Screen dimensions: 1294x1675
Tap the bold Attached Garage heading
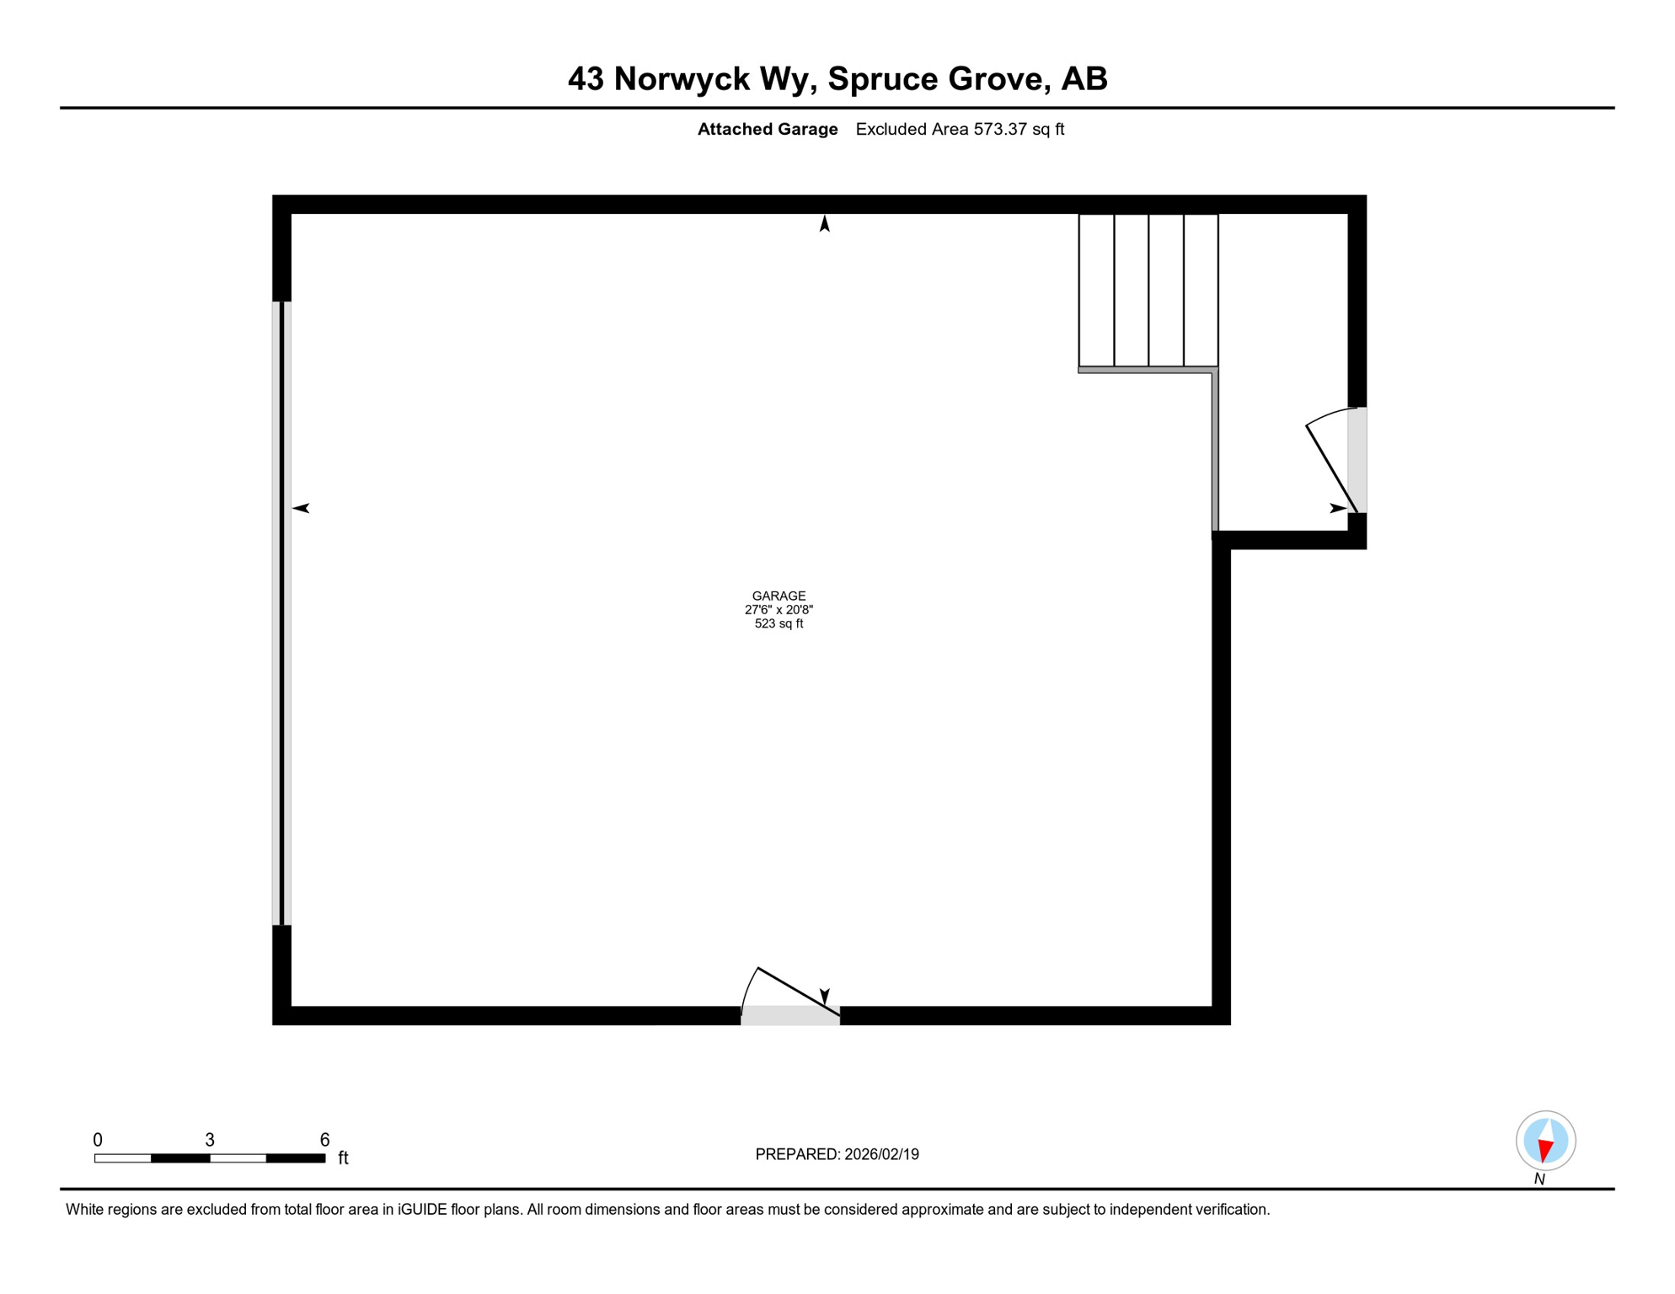click(767, 130)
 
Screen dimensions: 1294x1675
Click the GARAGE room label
click(779, 596)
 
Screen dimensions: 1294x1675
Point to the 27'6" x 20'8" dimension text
click(779, 610)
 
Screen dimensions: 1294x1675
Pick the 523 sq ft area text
click(779, 624)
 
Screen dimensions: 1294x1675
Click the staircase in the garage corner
click(1148, 291)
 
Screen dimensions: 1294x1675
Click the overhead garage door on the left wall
click(282, 613)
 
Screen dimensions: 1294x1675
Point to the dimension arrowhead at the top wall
click(825, 224)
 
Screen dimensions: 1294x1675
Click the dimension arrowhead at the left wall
click(302, 508)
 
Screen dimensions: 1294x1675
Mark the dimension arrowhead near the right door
click(1337, 508)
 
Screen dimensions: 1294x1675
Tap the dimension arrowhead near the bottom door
click(825, 996)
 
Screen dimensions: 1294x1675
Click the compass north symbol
click(1545, 1142)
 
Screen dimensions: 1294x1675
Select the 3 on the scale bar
click(210, 1140)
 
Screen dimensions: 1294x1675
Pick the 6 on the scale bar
click(324, 1140)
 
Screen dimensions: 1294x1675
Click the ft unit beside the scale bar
click(343, 1158)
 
